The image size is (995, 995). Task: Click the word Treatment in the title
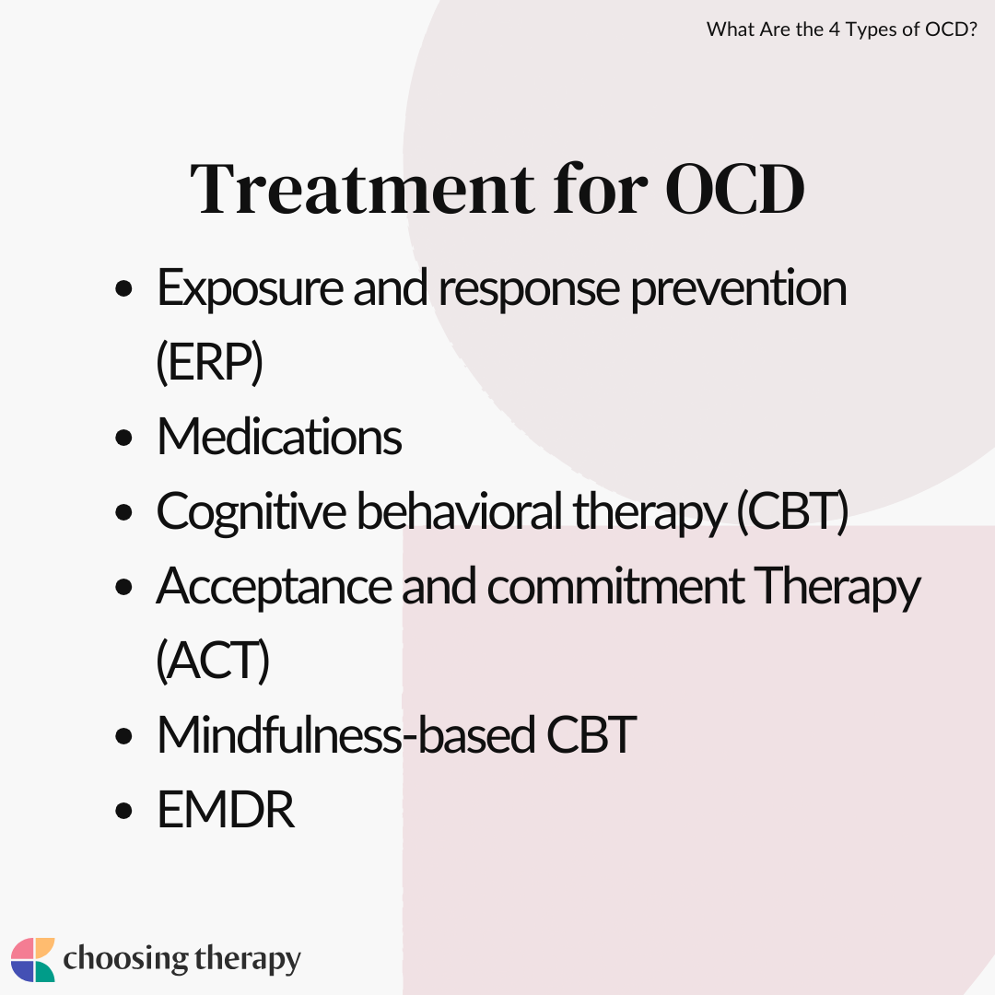[362, 189]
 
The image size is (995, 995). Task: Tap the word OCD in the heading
[735, 189]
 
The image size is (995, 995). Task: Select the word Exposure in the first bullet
[250, 288]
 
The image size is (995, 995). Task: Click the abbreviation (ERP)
[209, 362]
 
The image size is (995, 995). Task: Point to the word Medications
[279, 437]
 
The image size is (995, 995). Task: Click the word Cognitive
[252, 512]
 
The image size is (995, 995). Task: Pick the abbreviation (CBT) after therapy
[792, 511]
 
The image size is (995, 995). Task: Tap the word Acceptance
[275, 587]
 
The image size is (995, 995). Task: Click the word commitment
[615, 586]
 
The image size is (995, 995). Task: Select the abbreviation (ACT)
[213, 661]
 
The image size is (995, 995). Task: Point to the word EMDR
[226, 810]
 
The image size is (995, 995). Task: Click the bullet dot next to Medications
[123, 438]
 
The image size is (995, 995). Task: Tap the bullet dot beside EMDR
[123, 811]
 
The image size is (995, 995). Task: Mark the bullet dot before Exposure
[123, 288]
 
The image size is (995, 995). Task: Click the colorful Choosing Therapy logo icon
[33, 959]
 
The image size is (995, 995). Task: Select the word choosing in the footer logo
[125, 959]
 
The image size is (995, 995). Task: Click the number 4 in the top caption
[834, 29]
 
